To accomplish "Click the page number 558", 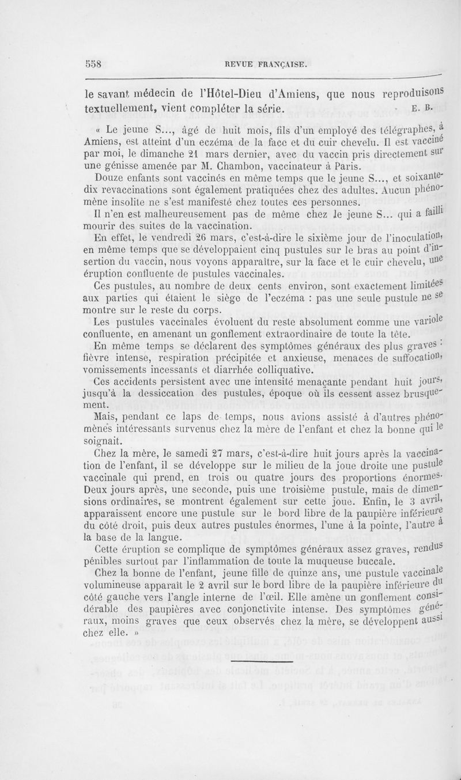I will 92,65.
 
